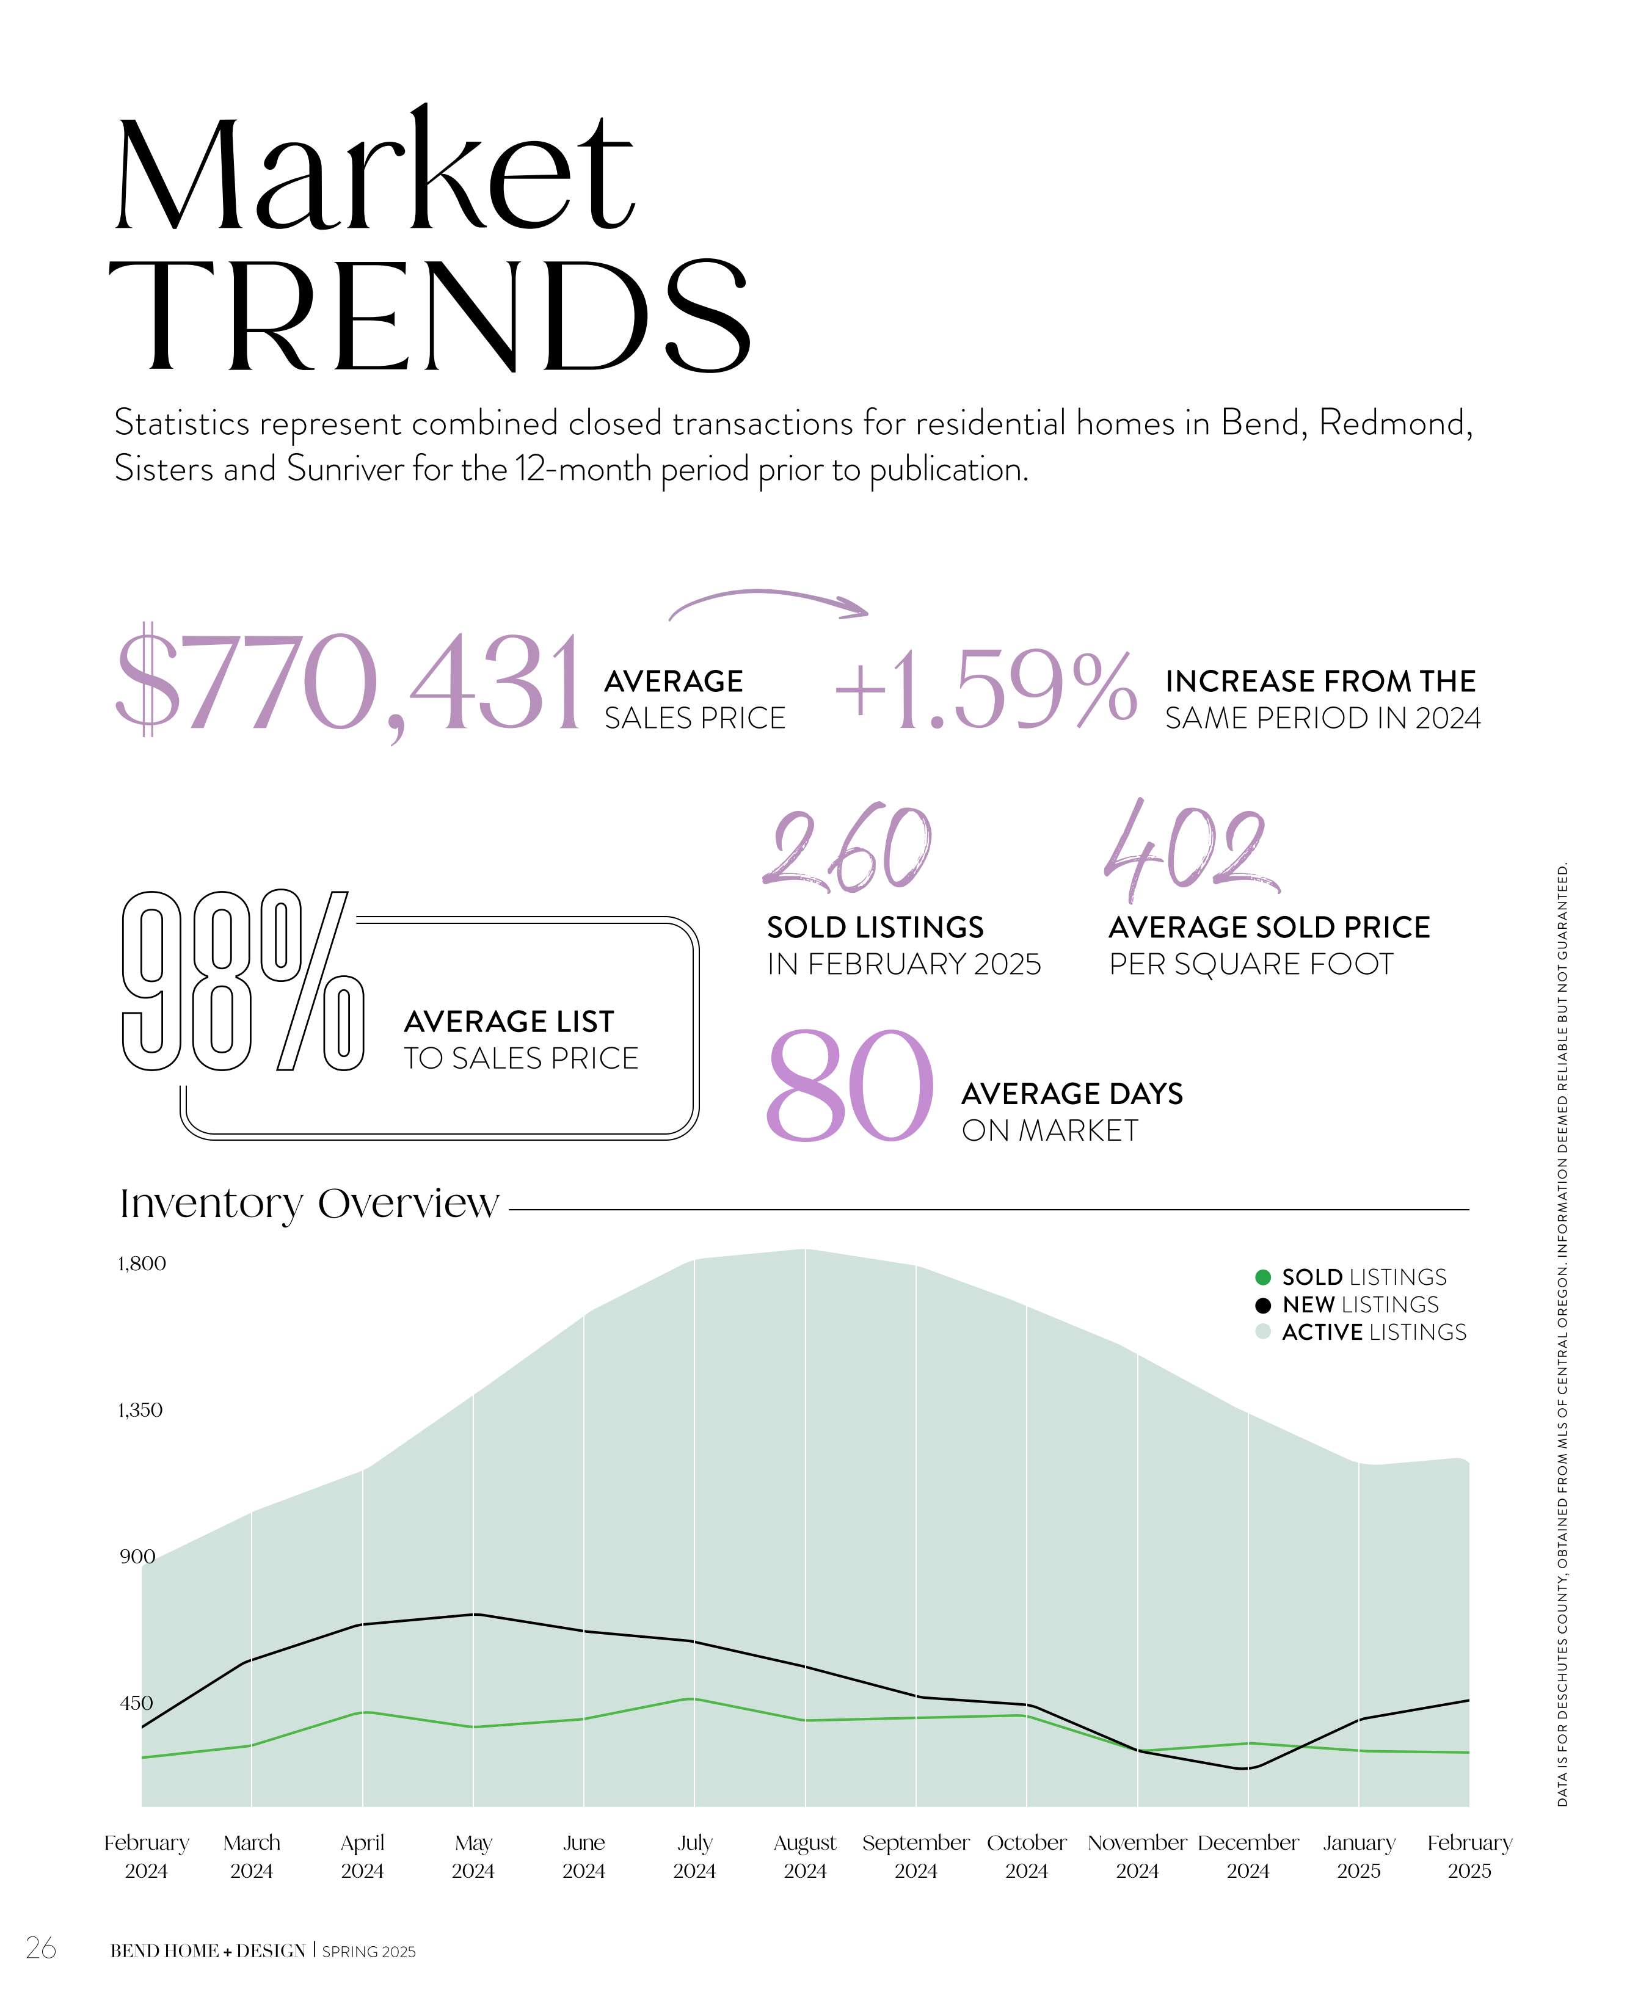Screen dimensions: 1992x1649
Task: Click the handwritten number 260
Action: tap(847, 849)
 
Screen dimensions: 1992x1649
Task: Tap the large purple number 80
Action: tap(848, 1087)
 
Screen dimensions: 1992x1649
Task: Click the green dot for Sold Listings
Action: tap(1263, 1277)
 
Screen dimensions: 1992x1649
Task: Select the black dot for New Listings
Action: tap(1263, 1305)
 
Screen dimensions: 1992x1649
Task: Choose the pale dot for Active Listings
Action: tap(1263, 1332)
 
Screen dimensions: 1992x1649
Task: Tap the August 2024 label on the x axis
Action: tap(804, 1856)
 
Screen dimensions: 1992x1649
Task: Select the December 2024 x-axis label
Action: tap(1248, 1856)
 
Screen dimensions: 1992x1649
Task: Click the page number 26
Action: tap(41, 1949)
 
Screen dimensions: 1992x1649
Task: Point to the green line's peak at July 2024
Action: tap(694, 1699)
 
